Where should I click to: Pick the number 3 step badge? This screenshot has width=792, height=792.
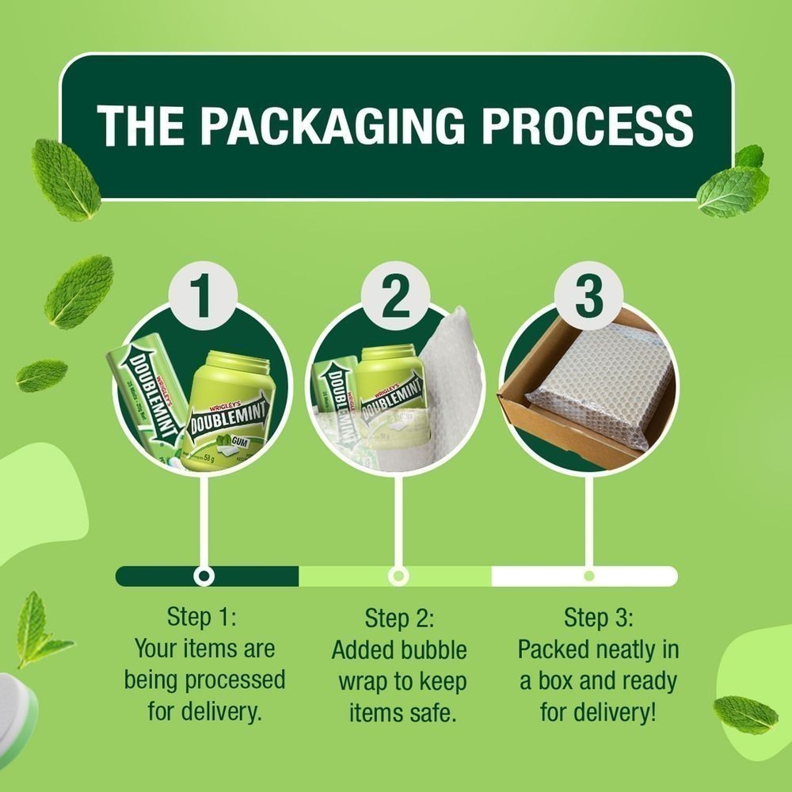(588, 297)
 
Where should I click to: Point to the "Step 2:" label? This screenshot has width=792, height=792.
(400, 618)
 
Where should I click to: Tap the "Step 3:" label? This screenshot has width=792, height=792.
(599, 616)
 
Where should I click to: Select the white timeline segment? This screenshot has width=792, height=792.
(634, 576)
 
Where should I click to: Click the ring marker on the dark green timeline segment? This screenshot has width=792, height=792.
(204, 576)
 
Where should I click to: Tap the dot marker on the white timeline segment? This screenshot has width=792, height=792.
(588, 576)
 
